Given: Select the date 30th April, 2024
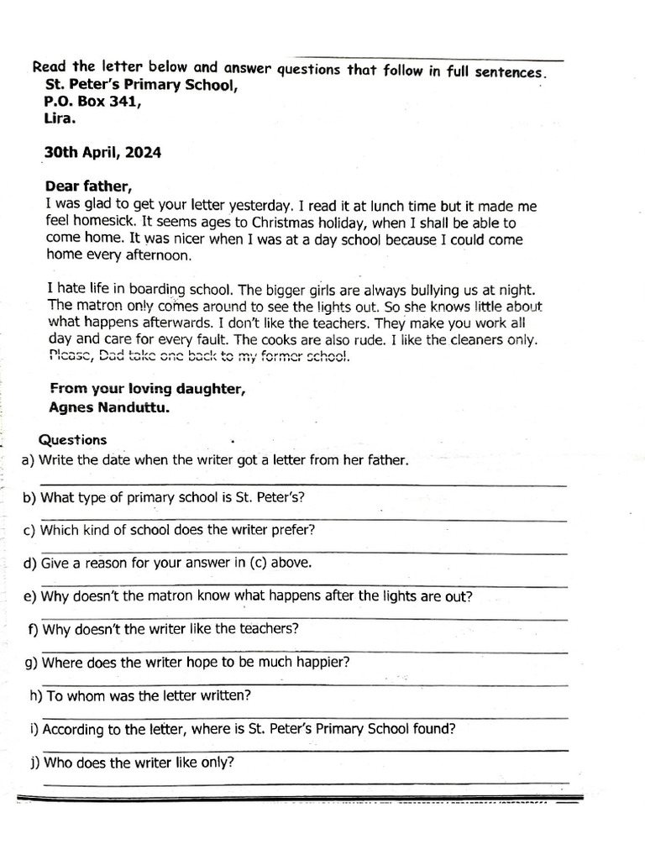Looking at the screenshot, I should click(x=102, y=153).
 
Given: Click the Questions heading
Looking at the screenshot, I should click(x=73, y=440).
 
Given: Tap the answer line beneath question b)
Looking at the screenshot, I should click(x=302, y=519).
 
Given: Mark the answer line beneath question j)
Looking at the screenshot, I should click(x=302, y=783).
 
